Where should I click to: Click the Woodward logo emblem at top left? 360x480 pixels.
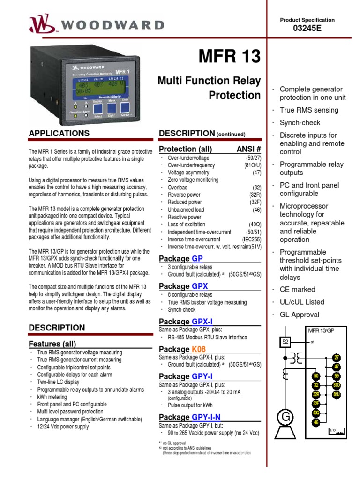[38, 23]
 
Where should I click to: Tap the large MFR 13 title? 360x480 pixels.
[230, 57]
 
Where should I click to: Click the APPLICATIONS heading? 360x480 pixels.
[59, 134]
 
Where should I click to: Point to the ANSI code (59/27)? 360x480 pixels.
[251, 158]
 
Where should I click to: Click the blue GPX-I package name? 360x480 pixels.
[202, 322]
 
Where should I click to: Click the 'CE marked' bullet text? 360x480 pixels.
[297, 289]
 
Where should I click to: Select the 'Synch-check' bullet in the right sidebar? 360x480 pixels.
[300, 123]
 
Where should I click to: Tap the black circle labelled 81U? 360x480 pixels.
[336, 395]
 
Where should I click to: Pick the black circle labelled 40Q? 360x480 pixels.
[316, 412]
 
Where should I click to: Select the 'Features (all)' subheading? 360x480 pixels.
[52, 344]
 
